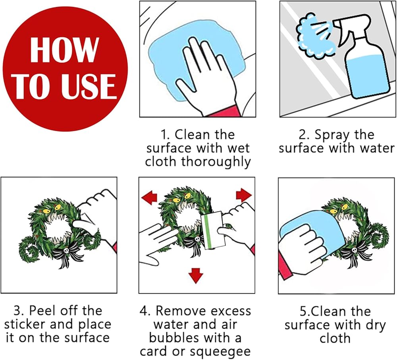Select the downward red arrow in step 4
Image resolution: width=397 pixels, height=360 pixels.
pos(196,275)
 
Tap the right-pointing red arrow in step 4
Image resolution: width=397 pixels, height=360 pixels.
pos(244,195)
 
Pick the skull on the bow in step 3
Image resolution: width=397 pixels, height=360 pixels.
pos(66,251)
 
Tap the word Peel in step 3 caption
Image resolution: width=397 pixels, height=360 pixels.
pos(42,310)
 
